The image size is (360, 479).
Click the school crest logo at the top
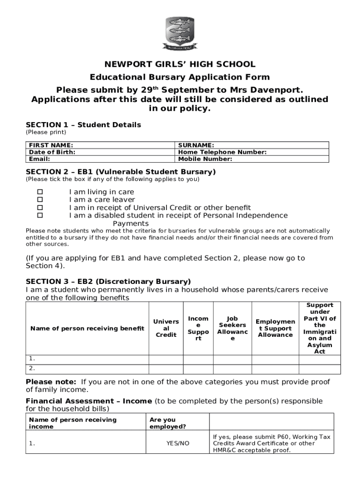click(180, 33)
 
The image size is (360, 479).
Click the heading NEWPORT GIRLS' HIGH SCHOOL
click(180, 65)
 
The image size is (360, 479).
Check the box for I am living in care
click(40, 192)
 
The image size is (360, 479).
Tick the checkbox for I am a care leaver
click(40, 200)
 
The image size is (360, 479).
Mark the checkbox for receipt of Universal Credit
click(40, 208)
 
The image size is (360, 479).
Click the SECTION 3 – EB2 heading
click(108, 282)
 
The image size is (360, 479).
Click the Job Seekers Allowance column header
click(232, 328)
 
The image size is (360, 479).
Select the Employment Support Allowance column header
click(275, 328)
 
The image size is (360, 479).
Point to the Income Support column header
click(198, 328)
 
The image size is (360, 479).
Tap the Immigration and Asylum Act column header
click(319, 328)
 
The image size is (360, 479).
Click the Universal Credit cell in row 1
click(166, 359)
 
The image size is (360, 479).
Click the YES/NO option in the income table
click(178, 443)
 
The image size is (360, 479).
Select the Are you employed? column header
click(167, 423)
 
